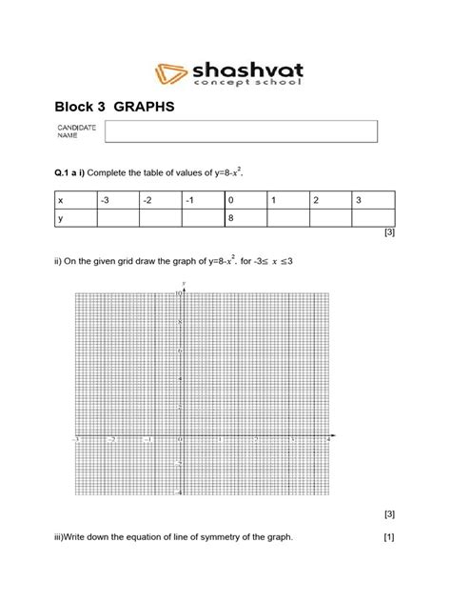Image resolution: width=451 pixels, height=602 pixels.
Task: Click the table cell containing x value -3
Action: pos(117,201)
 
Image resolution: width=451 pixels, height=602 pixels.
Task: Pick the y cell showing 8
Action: pos(245,219)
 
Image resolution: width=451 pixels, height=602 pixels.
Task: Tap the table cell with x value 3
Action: pos(373,201)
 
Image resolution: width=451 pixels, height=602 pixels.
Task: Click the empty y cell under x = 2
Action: pos(330,219)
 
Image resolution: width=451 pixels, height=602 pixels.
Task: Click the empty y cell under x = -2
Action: pos(160,219)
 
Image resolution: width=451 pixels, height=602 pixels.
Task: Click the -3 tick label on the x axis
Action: pos(76,441)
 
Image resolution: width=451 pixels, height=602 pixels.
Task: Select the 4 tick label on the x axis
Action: pos(328,441)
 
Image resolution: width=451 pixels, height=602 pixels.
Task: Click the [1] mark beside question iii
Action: pos(388,538)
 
